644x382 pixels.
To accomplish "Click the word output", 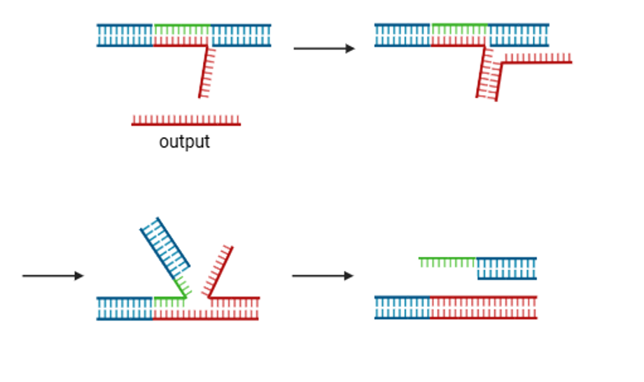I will [184, 142].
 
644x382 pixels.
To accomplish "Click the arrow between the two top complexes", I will [323, 48].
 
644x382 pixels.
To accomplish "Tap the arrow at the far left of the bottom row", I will [52, 276].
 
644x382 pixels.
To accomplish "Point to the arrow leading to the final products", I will [322, 276].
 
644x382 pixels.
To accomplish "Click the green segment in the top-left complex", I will [181, 29].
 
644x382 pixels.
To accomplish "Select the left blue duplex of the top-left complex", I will [125, 36].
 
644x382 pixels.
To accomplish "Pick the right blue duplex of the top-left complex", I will [241, 36].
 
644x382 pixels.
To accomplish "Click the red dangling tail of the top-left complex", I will [204, 73].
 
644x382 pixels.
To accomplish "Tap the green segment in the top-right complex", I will [459, 29].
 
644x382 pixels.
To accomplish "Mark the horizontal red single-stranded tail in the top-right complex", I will [538, 59].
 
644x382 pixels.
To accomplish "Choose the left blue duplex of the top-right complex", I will [402, 35].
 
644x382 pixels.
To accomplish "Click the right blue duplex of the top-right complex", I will [518, 35].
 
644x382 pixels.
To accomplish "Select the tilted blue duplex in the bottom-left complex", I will [165, 246].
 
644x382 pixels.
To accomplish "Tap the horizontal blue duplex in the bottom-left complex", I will [125, 308].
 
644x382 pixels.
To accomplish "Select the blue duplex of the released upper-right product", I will [507, 268].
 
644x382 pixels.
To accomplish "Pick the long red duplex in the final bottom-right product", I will [483, 307].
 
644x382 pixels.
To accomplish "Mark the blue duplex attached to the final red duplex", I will [402, 307].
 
